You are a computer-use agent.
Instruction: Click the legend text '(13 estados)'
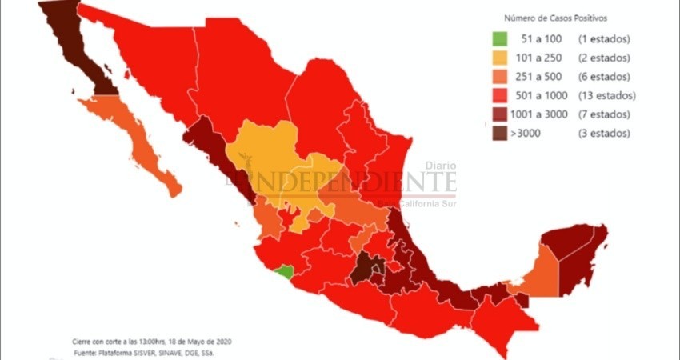604,96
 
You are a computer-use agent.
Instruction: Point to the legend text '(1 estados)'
601,39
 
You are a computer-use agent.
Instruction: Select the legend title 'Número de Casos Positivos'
555,17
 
